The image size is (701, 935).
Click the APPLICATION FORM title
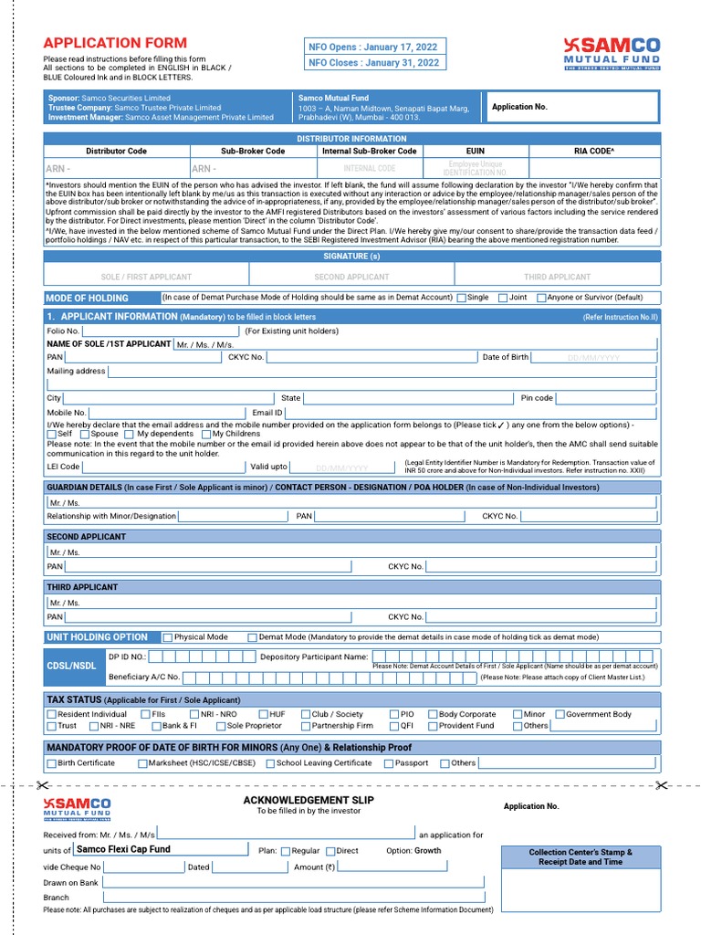point(115,43)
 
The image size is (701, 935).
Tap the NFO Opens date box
point(373,47)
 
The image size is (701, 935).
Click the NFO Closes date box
point(373,63)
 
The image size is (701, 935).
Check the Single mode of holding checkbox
point(462,298)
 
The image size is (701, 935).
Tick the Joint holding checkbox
point(503,298)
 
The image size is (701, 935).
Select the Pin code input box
point(606,399)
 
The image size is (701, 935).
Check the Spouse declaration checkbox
point(85,435)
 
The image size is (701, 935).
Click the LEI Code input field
point(164,467)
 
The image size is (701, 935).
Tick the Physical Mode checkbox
point(168,637)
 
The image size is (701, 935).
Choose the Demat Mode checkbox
point(253,637)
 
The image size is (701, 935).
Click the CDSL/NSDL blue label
point(71,667)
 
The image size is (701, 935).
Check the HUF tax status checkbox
point(264,715)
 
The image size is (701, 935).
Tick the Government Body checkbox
point(560,715)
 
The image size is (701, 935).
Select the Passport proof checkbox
point(389,763)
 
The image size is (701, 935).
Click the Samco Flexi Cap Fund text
point(123,849)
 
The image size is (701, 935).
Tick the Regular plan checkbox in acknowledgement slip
point(286,851)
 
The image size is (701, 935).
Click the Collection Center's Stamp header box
point(580,856)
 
